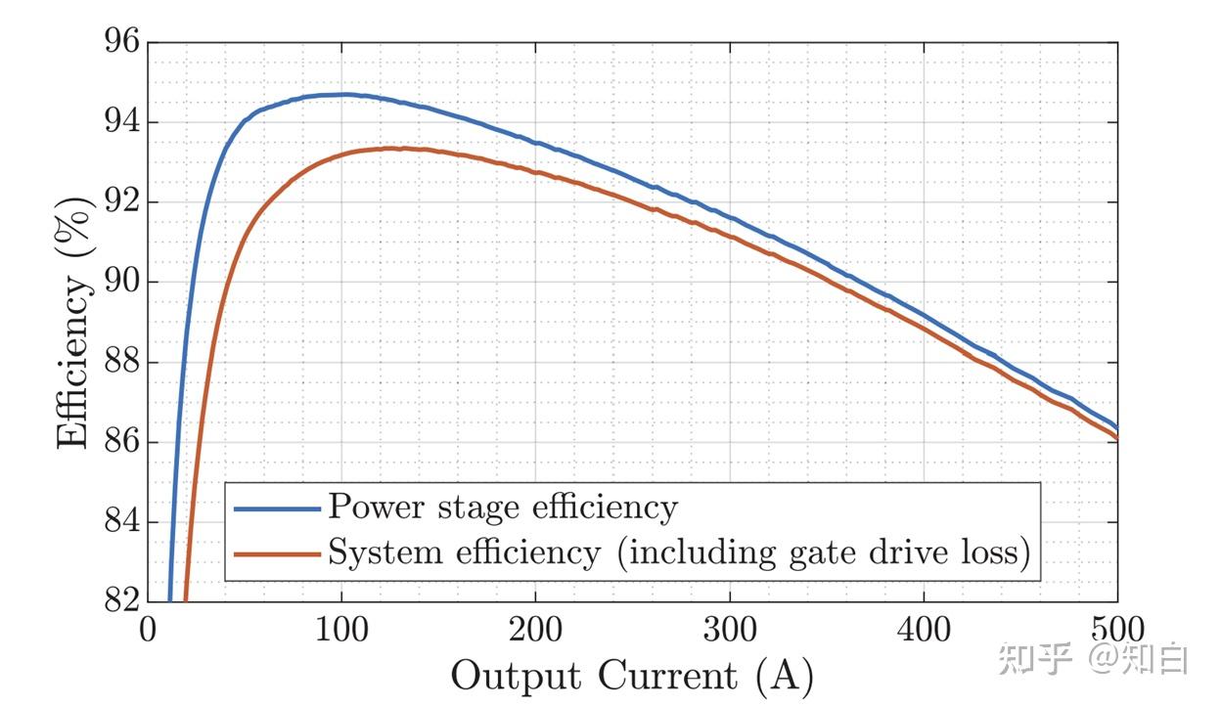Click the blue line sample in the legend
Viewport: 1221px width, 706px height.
277,509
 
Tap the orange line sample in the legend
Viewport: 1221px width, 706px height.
277,554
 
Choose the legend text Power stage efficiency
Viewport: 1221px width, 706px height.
502,507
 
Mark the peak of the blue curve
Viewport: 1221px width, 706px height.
342,95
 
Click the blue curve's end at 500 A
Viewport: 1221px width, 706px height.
1116,427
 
